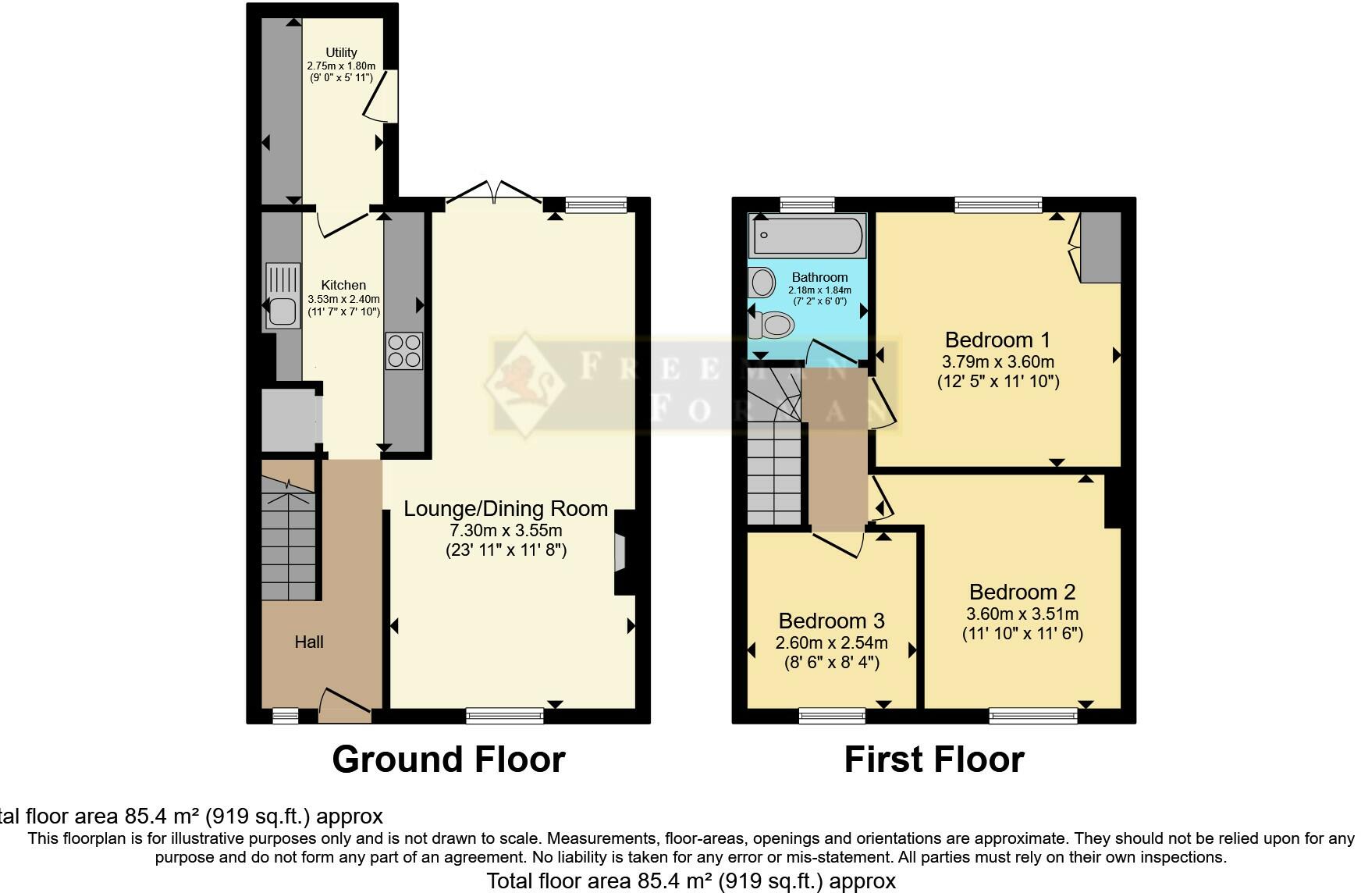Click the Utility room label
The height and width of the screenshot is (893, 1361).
click(x=342, y=53)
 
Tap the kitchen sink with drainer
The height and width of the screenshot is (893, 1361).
click(x=283, y=297)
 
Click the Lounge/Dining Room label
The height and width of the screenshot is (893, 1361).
click(x=506, y=509)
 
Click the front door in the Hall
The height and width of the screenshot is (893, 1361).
click(x=344, y=703)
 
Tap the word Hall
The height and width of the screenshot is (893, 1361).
click(x=309, y=642)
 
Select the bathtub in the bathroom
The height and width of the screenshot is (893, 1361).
click(x=807, y=235)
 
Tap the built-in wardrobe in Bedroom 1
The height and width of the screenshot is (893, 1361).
click(x=1100, y=247)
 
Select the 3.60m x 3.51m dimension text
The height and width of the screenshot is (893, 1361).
click(x=1022, y=614)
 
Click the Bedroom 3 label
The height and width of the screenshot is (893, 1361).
click(x=831, y=621)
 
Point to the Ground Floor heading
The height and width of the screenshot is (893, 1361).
click(x=448, y=760)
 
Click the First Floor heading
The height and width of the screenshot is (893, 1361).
click(x=933, y=760)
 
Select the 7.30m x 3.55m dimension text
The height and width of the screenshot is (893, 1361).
click(x=506, y=531)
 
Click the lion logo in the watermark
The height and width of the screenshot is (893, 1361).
click(x=524, y=382)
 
